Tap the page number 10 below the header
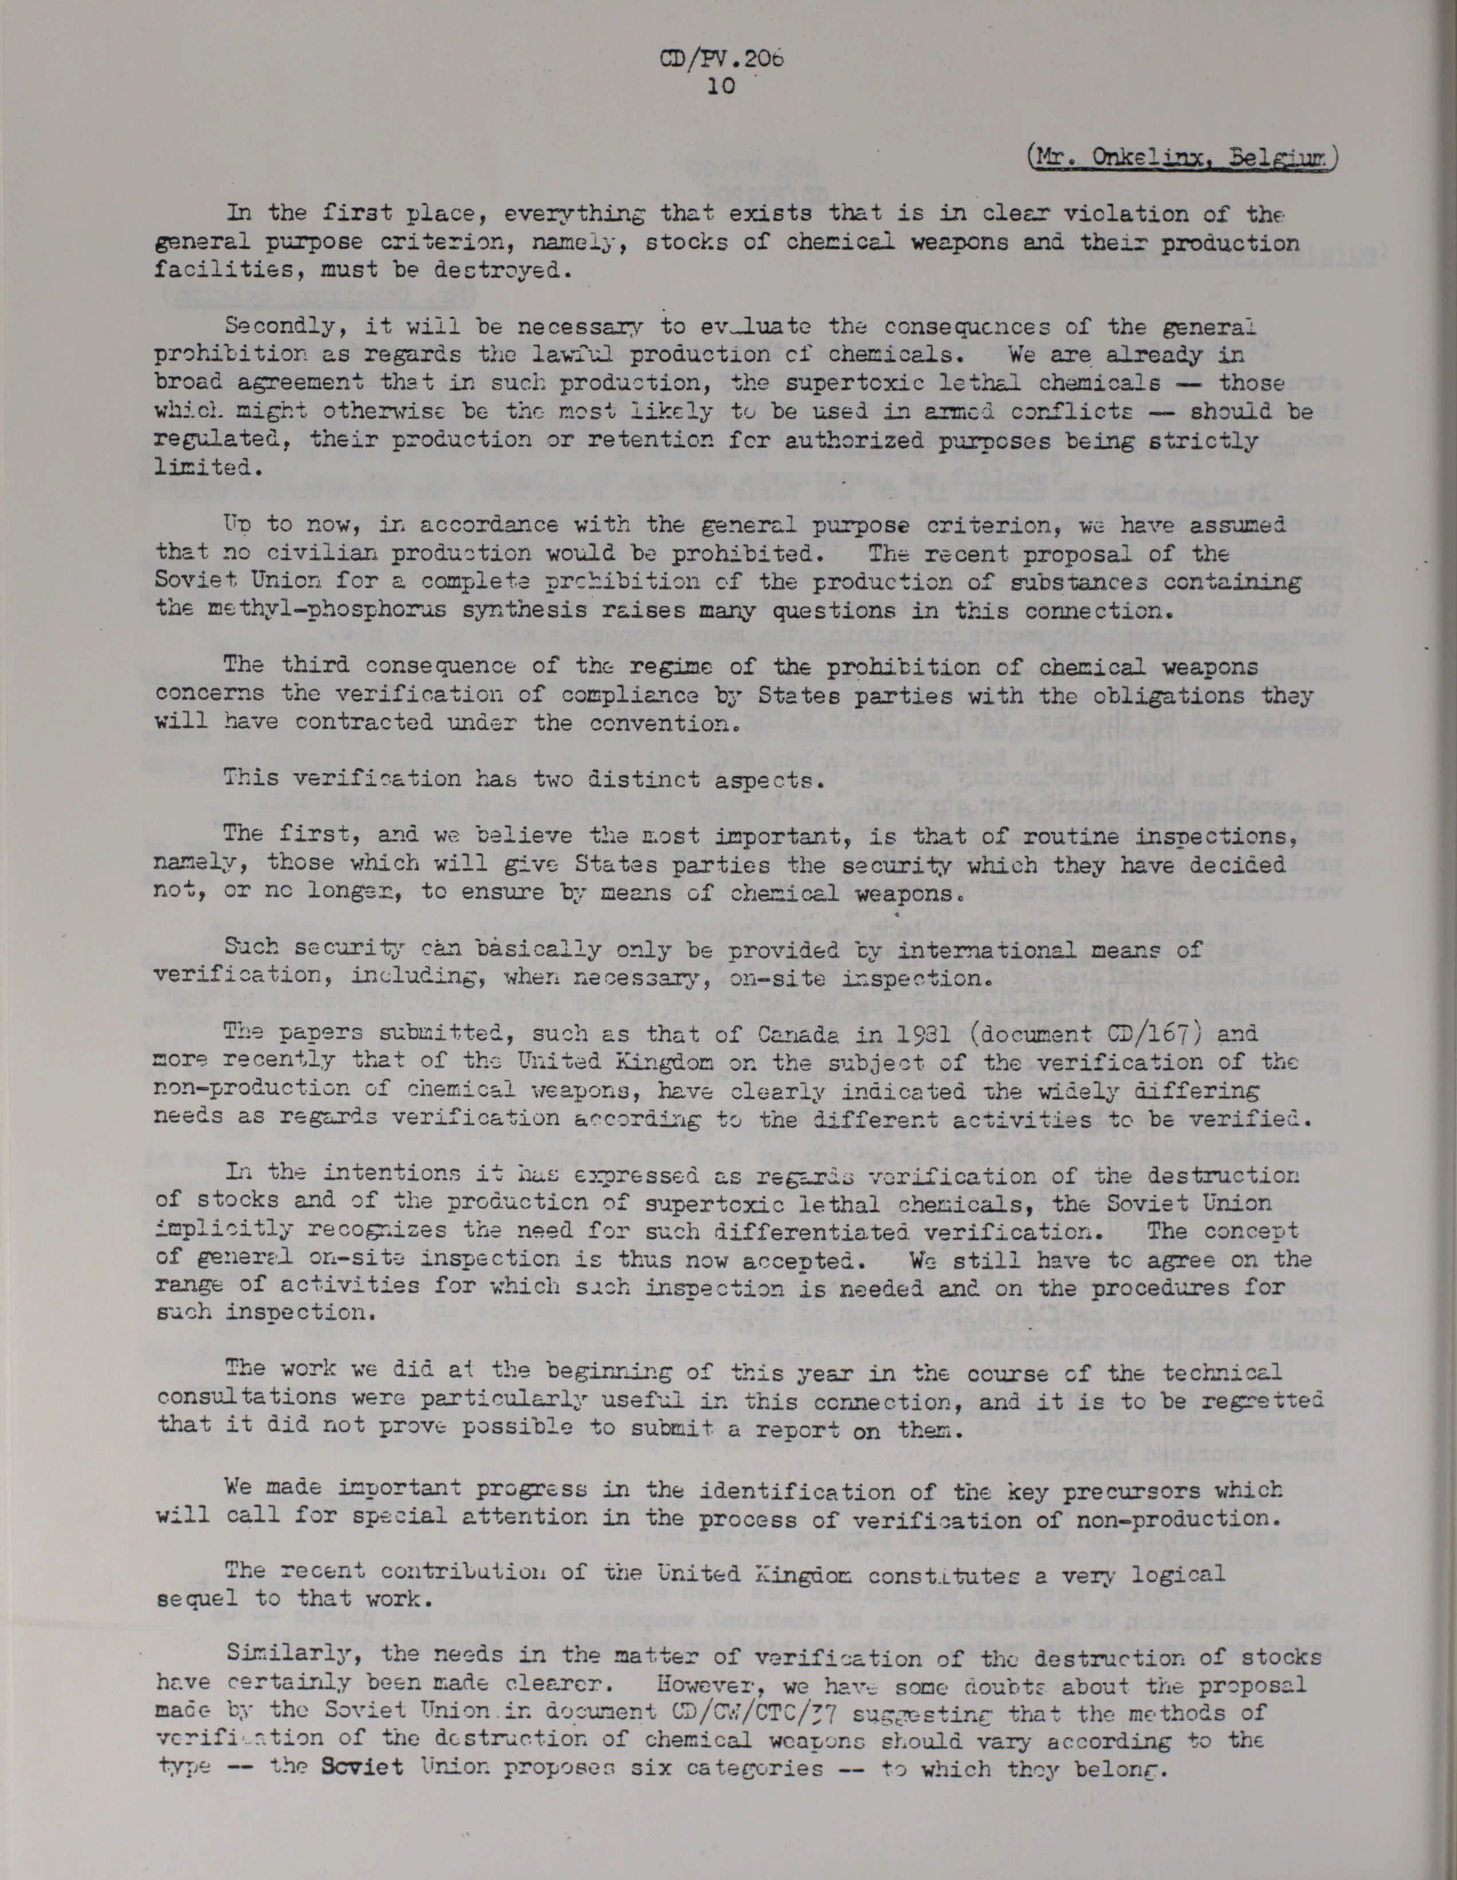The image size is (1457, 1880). (719, 87)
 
